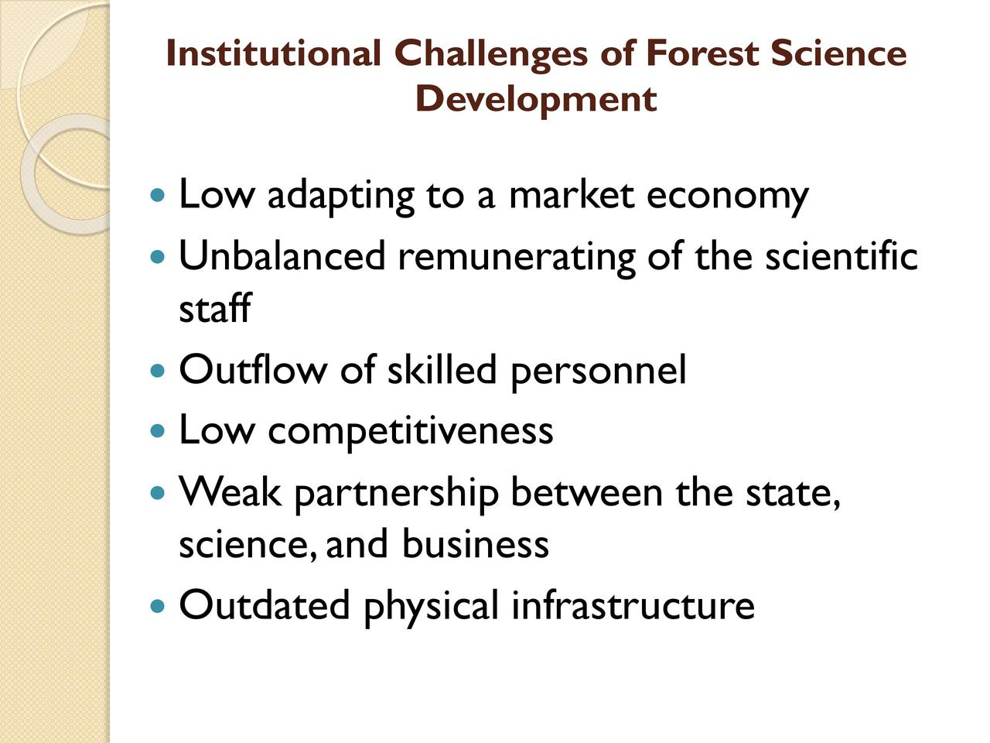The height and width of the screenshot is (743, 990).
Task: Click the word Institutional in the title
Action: [274, 53]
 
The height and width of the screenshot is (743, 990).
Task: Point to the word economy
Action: [728, 197]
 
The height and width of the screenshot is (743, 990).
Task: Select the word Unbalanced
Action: [282, 255]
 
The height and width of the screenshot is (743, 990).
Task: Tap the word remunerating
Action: [517, 258]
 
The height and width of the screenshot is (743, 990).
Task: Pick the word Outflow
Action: [253, 369]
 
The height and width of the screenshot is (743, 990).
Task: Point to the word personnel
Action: [599, 371]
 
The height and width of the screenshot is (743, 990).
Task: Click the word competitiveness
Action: [411, 431]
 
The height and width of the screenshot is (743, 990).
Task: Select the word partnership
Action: [397, 494]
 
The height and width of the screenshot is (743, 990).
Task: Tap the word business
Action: [476, 544]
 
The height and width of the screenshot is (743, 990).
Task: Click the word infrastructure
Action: [633, 605]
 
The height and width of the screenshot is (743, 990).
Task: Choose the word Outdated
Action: [265, 605]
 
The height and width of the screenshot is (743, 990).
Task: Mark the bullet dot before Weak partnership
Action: [157, 492]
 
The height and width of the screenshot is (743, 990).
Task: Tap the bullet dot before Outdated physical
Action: [157, 605]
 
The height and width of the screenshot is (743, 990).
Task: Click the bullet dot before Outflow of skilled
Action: [157, 371]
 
